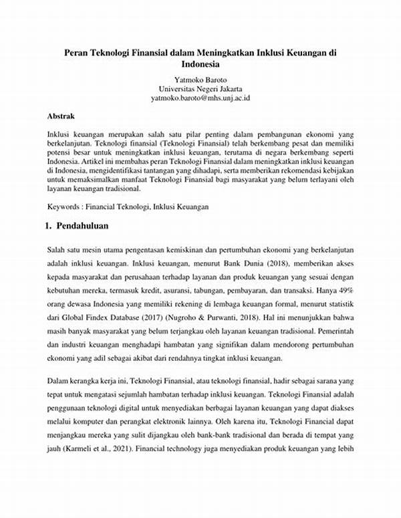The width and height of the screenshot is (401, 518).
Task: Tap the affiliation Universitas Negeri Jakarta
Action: (x=200, y=88)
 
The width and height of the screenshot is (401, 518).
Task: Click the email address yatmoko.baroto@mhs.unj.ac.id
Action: (x=200, y=98)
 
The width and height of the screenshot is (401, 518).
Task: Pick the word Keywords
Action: (x=66, y=207)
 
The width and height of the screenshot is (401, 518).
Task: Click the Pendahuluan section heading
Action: (x=82, y=226)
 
